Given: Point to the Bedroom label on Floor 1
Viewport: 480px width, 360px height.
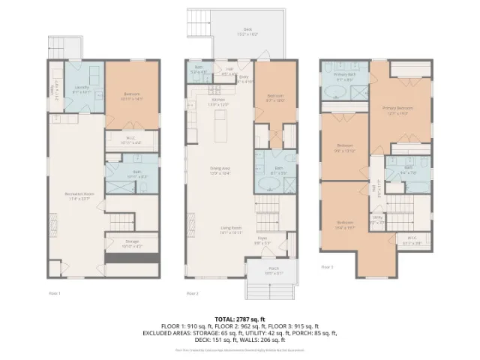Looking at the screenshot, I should tap(132, 95).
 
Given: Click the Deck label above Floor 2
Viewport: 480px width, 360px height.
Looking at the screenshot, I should tap(247, 31).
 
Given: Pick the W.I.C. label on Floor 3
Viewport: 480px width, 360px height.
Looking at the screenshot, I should tap(412, 241).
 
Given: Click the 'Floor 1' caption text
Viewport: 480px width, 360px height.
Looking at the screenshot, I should tap(55, 292).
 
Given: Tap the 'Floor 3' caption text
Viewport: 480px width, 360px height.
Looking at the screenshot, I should tap(326, 266).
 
